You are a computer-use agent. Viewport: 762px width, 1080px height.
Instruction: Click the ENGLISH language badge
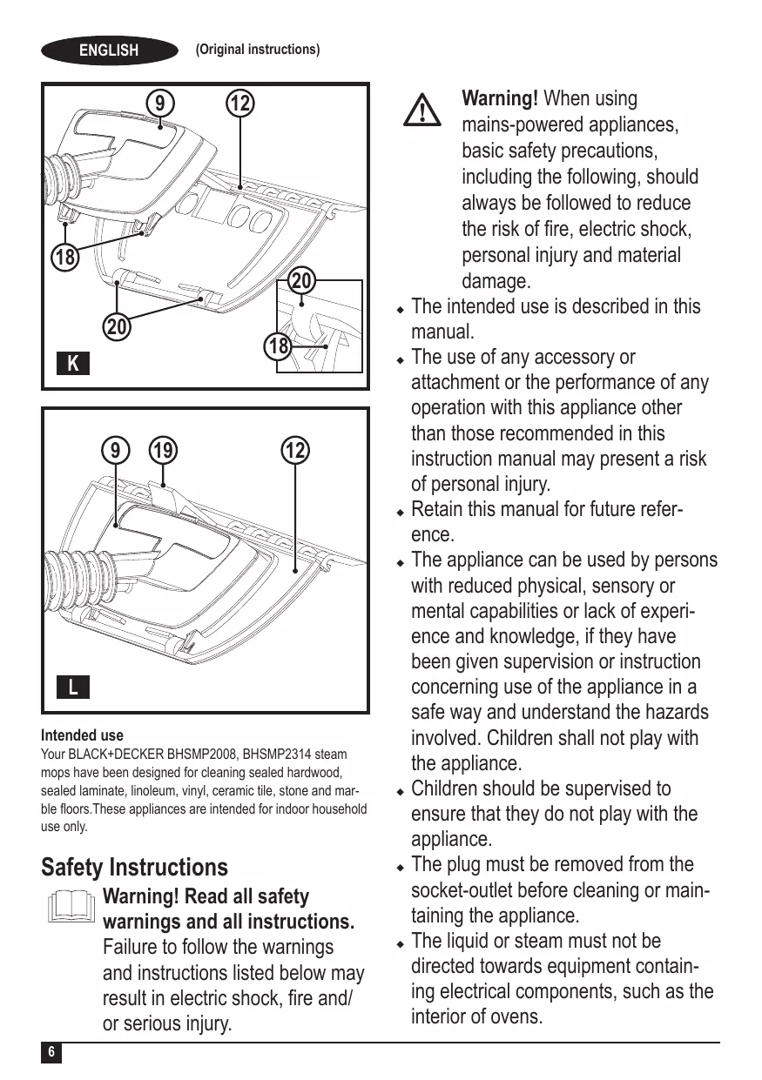tap(109, 50)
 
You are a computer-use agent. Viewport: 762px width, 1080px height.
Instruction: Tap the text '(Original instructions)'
tap(258, 50)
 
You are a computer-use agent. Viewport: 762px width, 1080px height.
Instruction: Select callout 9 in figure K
tap(159, 104)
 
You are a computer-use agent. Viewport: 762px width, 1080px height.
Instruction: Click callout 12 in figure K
tap(239, 104)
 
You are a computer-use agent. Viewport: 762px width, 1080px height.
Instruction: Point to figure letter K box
tap(73, 363)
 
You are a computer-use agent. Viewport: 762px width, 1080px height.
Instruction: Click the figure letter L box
tap(73, 687)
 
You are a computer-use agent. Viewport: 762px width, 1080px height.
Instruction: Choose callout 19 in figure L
tap(161, 451)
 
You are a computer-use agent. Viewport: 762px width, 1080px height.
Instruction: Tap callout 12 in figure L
tap(295, 451)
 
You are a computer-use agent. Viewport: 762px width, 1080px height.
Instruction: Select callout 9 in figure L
tap(113, 451)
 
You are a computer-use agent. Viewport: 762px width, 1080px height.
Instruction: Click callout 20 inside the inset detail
tap(301, 283)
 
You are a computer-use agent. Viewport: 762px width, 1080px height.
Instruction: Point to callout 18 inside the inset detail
tap(279, 346)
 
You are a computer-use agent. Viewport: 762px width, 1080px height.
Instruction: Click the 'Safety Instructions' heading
tap(135, 867)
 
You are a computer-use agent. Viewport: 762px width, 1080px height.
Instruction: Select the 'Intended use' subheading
tap(83, 735)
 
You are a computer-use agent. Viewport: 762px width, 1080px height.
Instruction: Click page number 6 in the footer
tap(51, 1052)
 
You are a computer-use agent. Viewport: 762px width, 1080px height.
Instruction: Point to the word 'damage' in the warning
tap(493, 282)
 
